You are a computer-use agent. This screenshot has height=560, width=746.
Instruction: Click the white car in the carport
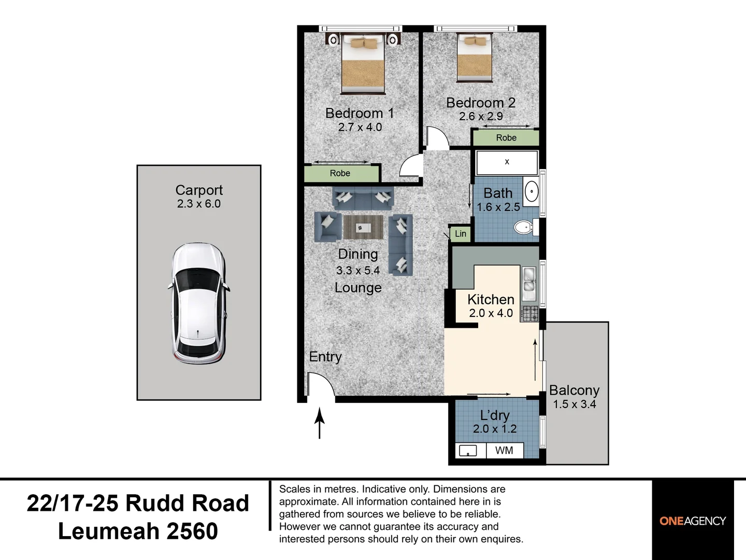(x=198, y=303)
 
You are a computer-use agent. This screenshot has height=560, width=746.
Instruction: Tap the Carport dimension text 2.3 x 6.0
(x=199, y=204)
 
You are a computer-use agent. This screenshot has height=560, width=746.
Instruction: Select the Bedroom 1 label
(x=360, y=113)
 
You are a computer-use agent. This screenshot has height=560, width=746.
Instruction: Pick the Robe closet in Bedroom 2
(x=506, y=138)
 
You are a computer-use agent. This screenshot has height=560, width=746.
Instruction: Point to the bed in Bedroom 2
(x=475, y=58)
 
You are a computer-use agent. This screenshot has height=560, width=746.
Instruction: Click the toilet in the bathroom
(x=526, y=227)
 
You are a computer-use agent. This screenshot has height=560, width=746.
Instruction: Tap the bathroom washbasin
(x=531, y=191)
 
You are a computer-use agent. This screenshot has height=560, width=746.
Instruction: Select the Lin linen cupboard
(x=461, y=233)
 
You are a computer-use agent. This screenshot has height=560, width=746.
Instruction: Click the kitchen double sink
(x=529, y=284)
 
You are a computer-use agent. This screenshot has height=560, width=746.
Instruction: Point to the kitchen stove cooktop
(x=530, y=314)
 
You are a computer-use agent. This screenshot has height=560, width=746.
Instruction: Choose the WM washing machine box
(x=505, y=451)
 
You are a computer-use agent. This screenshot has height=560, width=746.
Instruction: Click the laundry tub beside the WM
(x=468, y=451)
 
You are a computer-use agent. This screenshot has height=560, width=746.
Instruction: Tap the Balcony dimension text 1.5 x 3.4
(x=575, y=404)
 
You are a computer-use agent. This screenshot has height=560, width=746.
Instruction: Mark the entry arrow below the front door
(x=319, y=423)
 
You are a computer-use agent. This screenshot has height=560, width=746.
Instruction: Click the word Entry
(x=325, y=357)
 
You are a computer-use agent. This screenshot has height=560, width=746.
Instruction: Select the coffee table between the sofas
(x=363, y=227)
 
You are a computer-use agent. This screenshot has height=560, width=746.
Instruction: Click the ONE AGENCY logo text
(x=693, y=521)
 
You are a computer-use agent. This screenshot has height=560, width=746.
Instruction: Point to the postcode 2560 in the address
(x=192, y=531)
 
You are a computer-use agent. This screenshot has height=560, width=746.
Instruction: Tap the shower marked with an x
(x=507, y=162)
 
